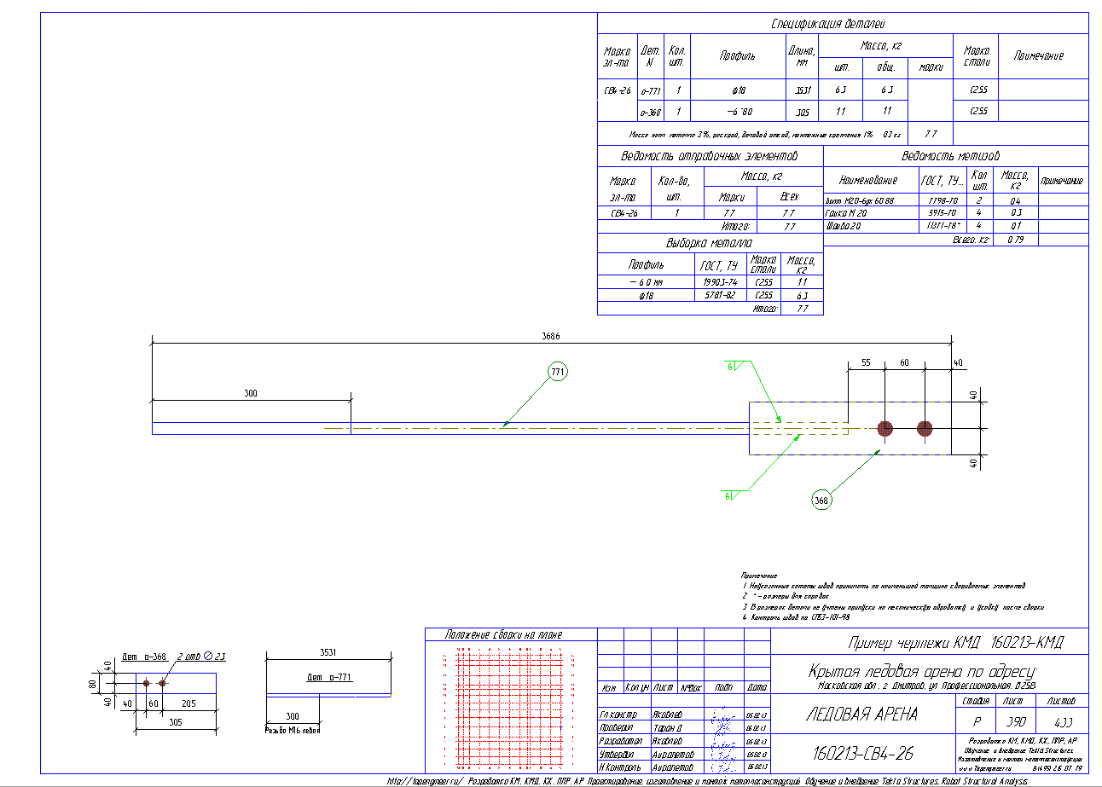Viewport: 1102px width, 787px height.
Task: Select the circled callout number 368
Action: tap(821, 501)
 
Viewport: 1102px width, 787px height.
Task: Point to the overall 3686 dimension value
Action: tap(551, 337)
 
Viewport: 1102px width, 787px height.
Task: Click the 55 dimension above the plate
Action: tap(865, 363)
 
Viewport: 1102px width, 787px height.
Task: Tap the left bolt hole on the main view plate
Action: tap(885, 428)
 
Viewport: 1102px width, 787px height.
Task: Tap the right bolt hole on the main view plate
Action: tap(925, 428)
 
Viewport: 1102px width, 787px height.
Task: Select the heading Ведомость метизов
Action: tap(950, 157)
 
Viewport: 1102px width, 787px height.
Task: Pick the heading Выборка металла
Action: tap(710, 244)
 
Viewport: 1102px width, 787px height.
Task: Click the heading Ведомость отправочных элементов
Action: tap(710, 157)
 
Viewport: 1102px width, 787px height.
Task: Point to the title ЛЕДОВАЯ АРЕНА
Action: tap(861, 715)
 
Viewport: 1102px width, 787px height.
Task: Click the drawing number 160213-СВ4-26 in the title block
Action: tap(860, 754)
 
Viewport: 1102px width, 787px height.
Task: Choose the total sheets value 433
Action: tap(1063, 721)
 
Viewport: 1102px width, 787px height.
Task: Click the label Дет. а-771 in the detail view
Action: tap(330, 678)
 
